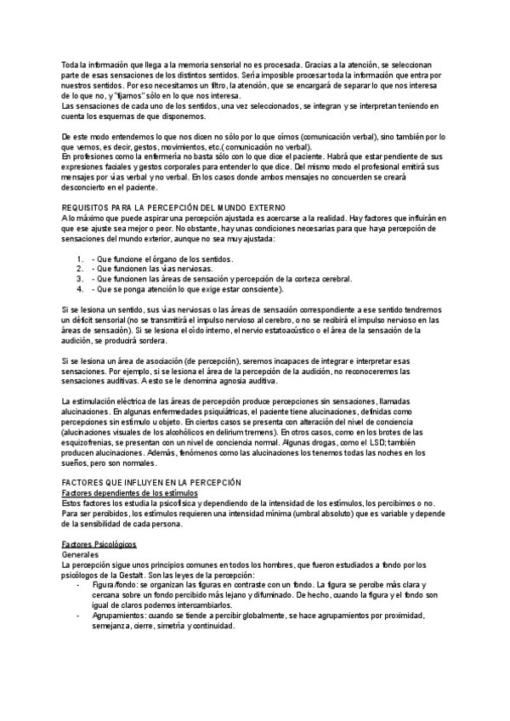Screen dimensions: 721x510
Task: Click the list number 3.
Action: point(79,278)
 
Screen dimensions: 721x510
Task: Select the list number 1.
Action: point(79,258)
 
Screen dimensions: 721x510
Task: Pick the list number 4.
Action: point(79,288)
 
